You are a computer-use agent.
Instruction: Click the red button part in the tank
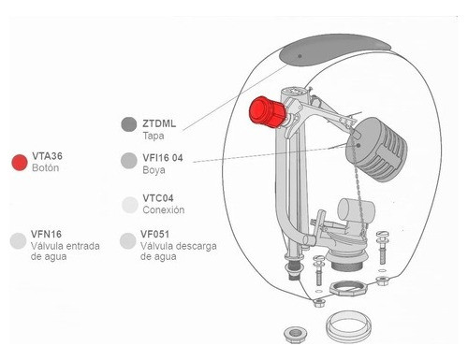point(267,112)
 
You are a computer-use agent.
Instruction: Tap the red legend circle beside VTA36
point(20,163)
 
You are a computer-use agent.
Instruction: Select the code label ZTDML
point(159,123)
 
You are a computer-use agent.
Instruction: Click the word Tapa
point(154,136)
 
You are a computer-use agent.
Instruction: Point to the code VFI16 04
point(163,158)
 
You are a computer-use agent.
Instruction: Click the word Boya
point(154,170)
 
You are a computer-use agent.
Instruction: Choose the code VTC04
point(158,198)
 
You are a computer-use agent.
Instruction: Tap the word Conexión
point(164,209)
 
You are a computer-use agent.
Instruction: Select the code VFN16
point(46,234)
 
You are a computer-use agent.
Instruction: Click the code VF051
point(154,234)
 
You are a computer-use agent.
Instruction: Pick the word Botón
point(46,167)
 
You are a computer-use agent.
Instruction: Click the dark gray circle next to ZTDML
point(129,124)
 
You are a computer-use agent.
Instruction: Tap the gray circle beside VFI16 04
point(129,161)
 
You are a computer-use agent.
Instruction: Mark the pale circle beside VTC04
point(129,205)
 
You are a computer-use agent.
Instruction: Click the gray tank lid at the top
point(334,50)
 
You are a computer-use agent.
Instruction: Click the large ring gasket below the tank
point(348,325)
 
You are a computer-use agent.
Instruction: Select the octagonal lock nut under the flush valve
point(346,289)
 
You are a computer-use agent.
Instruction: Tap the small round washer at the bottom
point(295,335)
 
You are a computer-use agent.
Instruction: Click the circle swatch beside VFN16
point(18,240)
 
